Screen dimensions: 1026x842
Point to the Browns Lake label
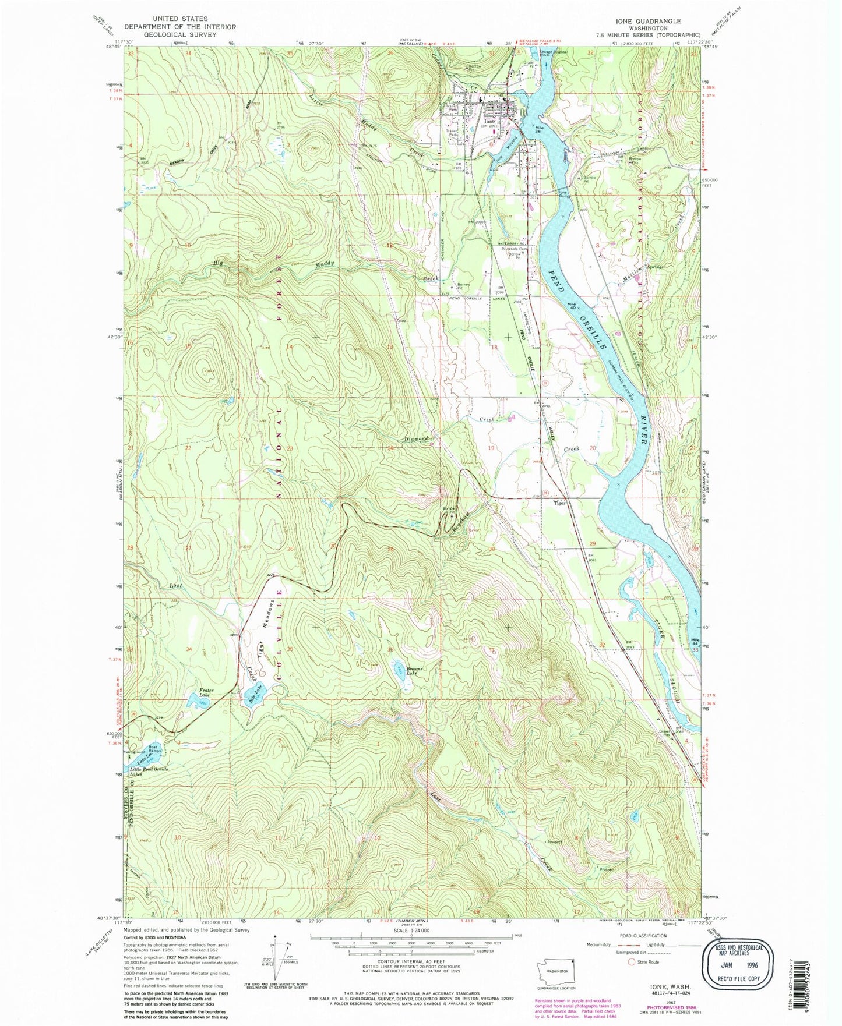tap(414, 671)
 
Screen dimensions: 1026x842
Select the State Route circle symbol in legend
tap(631, 962)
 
